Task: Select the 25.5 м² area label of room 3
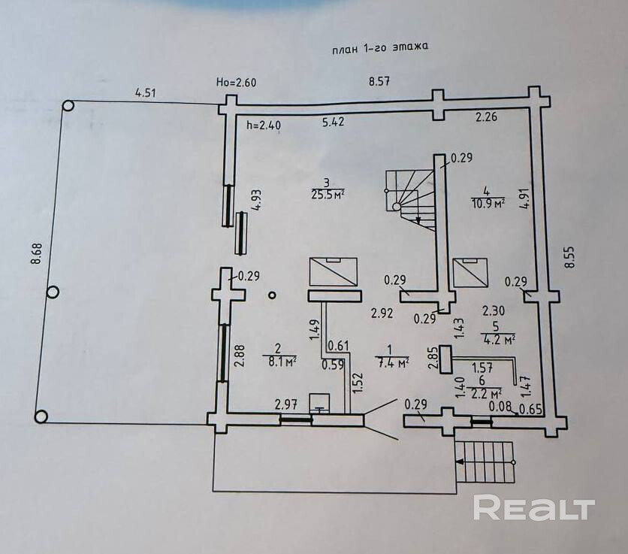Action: coord(327,192)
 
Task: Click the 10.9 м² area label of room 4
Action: coord(488,202)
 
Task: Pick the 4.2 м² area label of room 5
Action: coord(499,339)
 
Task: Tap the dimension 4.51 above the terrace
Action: coord(146,93)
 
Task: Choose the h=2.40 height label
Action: coord(262,126)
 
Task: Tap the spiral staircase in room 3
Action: coord(410,196)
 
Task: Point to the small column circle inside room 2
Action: coord(271,296)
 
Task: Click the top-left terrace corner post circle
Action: coord(68,106)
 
